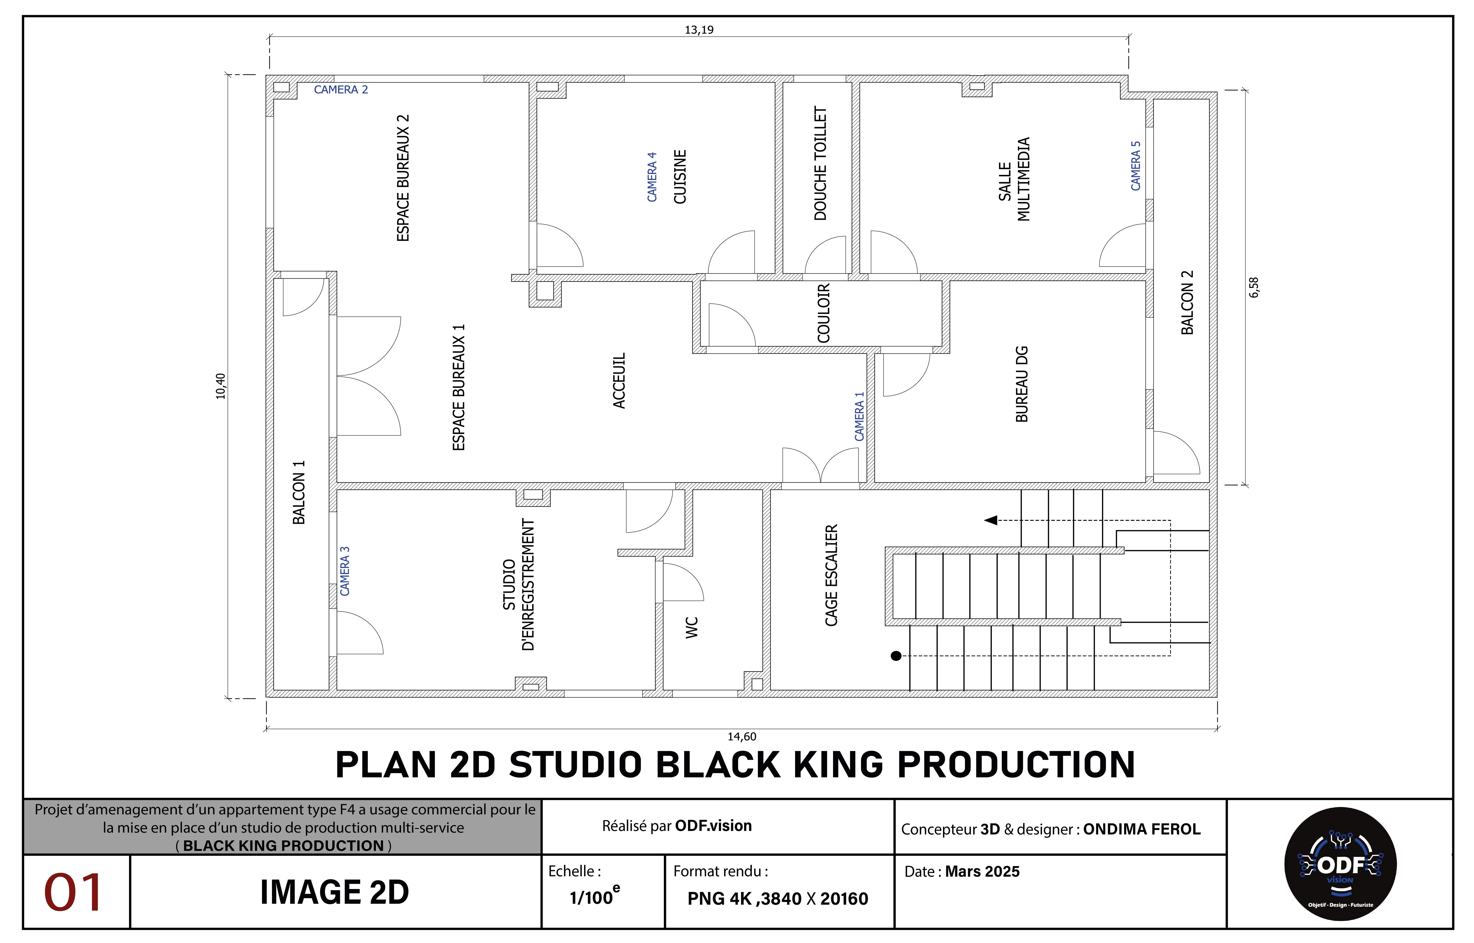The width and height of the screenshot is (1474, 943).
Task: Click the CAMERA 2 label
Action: point(341,89)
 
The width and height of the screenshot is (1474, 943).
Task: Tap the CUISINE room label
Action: point(680,177)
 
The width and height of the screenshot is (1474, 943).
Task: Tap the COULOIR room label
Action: point(824,313)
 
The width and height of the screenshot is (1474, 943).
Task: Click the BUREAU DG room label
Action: point(1022,384)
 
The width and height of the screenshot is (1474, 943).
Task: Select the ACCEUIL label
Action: point(619,380)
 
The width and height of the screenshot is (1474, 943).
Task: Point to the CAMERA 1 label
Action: point(859,416)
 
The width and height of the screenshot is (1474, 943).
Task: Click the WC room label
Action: point(692,628)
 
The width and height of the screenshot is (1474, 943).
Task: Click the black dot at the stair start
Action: point(896,656)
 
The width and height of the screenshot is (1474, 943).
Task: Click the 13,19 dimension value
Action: point(699,29)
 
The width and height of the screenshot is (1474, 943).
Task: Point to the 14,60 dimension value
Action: point(742,737)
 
